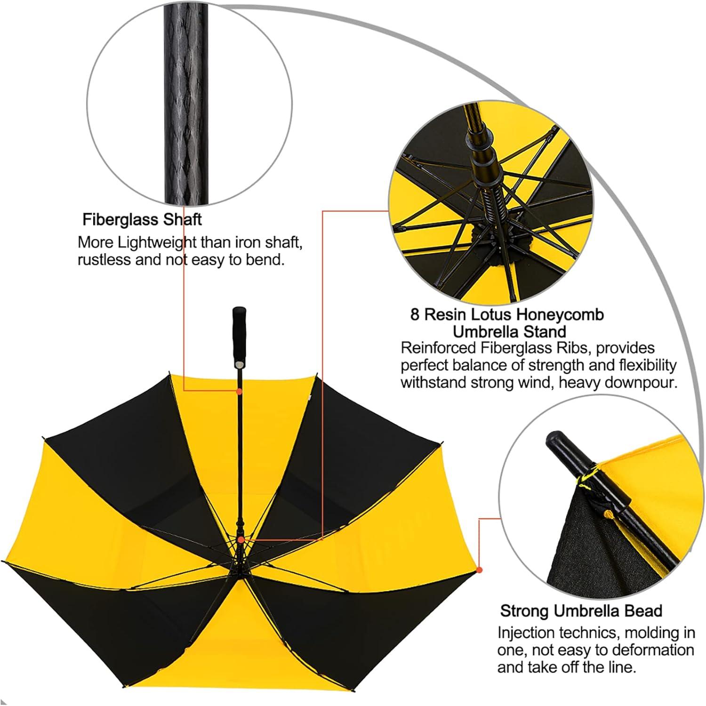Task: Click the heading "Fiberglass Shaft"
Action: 142,219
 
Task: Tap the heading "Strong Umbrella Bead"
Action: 581,611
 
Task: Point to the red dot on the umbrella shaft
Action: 239,392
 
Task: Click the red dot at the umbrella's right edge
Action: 479,570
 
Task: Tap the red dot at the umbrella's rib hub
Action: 241,540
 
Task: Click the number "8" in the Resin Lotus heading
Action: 415,314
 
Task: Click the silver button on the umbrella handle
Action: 240,364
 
